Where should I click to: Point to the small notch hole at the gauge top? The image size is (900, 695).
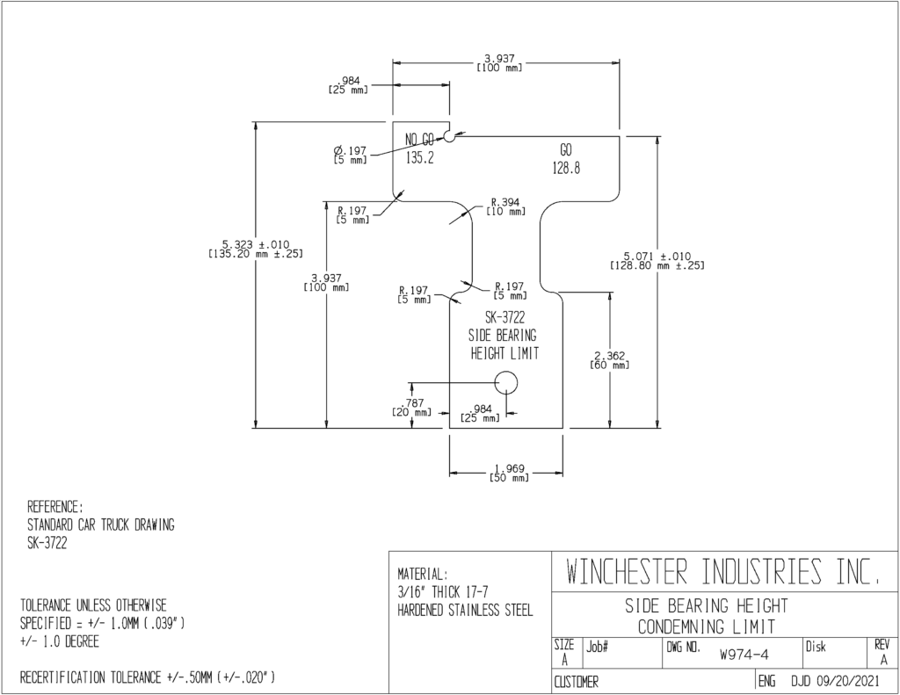click(x=449, y=136)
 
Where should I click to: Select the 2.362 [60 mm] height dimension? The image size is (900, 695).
click(x=610, y=360)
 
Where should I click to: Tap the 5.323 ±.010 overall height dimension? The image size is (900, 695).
click(x=256, y=249)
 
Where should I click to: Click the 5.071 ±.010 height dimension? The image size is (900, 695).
click(x=657, y=261)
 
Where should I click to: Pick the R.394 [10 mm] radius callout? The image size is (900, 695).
click(x=505, y=206)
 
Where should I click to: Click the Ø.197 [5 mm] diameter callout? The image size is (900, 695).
click(x=350, y=155)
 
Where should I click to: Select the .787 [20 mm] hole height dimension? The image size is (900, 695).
click(x=411, y=408)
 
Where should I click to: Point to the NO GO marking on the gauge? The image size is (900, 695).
click(x=419, y=140)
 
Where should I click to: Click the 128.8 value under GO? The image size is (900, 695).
click(x=566, y=169)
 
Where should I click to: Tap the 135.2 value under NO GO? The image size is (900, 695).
click(x=420, y=158)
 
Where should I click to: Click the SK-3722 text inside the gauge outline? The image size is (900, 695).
click(x=505, y=317)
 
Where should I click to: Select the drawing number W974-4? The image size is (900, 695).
click(x=744, y=655)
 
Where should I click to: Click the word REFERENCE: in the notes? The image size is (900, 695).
click(x=55, y=507)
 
